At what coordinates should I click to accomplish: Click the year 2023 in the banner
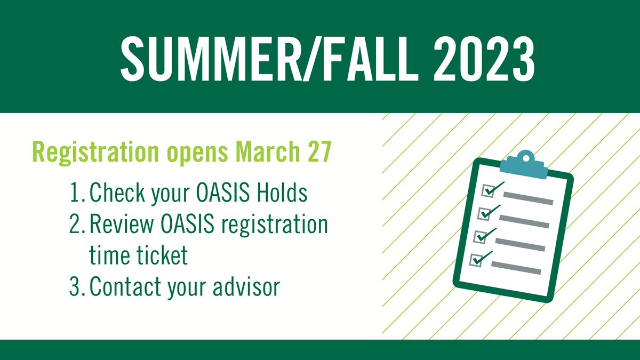click(484, 60)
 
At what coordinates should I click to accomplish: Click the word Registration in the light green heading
click(95, 153)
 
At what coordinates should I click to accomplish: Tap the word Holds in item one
click(282, 193)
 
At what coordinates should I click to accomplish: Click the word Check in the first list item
click(117, 193)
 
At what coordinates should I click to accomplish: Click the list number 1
click(77, 193)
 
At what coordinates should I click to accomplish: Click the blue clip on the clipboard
click(524, 165)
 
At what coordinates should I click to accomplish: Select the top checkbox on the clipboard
click(488, 191)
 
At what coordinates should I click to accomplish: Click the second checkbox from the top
click(484, 214)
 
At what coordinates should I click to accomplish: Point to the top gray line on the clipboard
click(528, 198)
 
